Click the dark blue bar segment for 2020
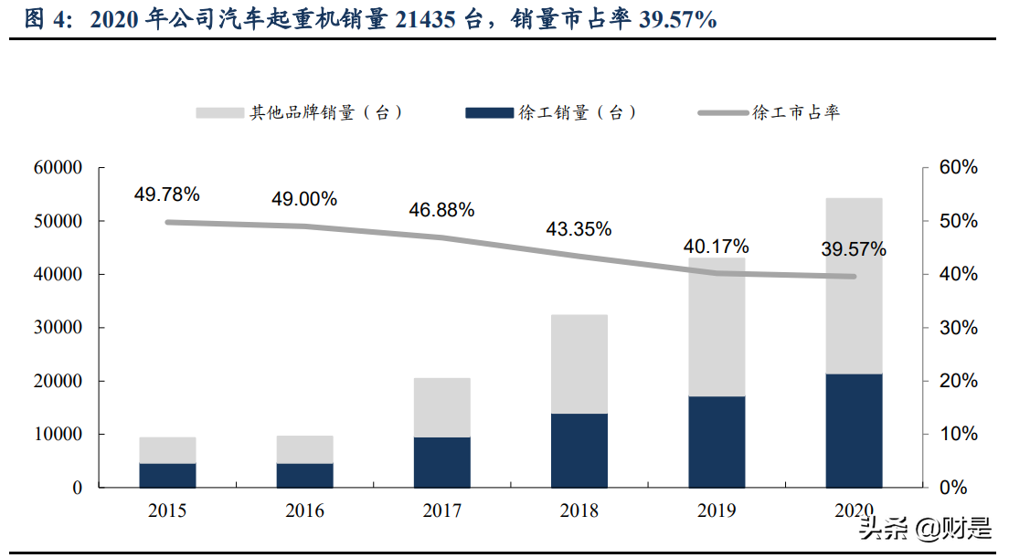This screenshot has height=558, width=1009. (854, 430)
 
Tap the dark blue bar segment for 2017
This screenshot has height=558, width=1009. (442, 462)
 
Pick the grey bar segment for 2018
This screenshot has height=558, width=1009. (579, 363)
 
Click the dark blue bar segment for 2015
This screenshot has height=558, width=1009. (167, 475)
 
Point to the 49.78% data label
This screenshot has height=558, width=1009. (167, 194)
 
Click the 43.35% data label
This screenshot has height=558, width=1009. (579, 229)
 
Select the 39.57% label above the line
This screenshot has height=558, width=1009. (854, 249)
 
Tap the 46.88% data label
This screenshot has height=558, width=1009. (441, 210)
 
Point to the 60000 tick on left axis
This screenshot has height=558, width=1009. (58, 168)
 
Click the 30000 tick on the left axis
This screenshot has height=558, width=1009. (58, 328)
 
